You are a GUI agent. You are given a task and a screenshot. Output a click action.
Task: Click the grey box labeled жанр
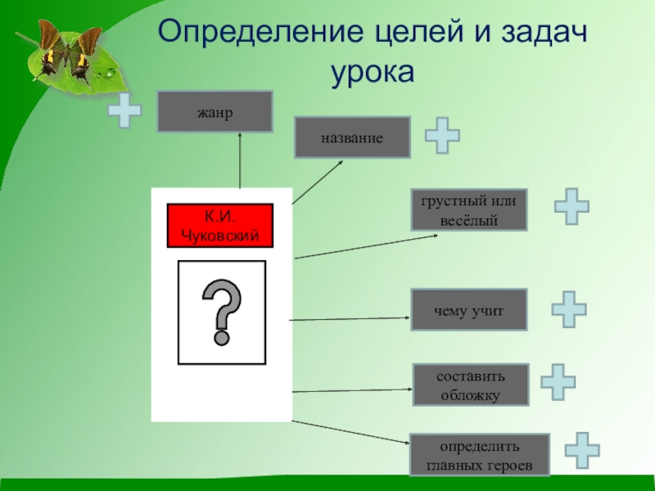(215, 111)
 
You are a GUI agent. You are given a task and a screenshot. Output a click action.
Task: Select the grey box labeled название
(352, 137)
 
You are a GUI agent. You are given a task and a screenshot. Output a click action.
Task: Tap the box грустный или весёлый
(469, 209)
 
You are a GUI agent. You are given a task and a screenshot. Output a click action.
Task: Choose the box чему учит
(469, 309)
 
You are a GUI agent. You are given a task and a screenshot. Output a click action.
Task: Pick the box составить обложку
(471, 385)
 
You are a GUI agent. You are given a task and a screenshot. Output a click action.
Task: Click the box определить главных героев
(480, 455)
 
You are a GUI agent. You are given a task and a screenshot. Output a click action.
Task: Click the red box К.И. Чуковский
(219, 226)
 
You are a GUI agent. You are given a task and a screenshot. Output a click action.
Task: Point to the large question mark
(222, 311)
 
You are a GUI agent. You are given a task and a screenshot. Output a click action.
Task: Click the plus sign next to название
(441, 135)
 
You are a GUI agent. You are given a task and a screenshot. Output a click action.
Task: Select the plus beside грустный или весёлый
(571, 206)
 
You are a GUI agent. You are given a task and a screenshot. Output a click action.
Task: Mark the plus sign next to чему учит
(568, 310)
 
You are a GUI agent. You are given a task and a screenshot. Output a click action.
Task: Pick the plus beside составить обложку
(558, 382)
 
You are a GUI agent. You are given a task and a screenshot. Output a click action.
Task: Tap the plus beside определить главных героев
(582, 450)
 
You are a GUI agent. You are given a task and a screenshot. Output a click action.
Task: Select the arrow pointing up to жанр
(241, 160)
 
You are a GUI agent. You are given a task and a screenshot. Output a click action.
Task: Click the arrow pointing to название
(318, 181)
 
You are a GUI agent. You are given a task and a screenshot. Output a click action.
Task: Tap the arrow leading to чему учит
(350, 318)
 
